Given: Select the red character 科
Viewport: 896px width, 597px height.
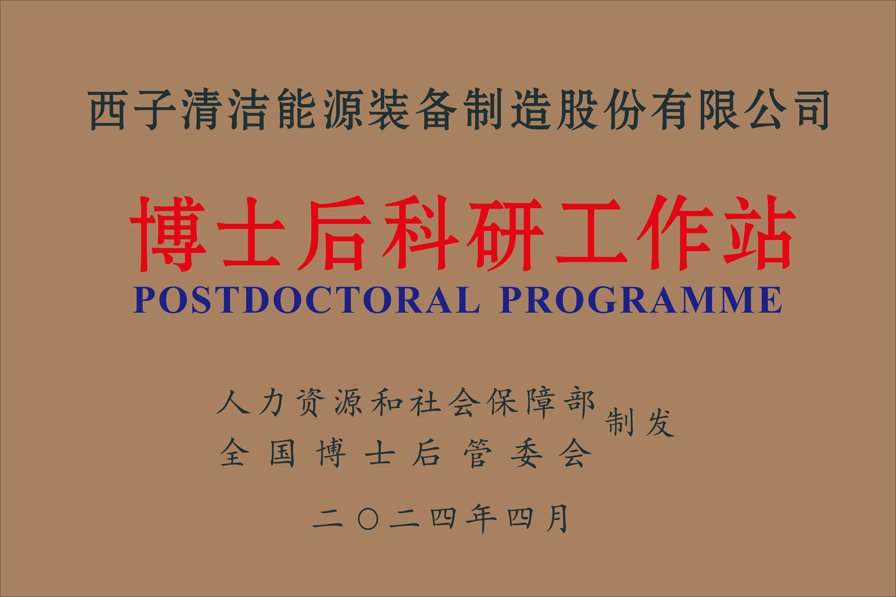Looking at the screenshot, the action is [421, 233].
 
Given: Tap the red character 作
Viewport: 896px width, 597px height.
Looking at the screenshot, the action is [674, 233].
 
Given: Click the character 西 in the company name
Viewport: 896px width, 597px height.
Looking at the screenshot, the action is [108, 110].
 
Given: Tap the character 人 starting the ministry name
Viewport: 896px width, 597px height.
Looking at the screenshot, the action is [233, 402].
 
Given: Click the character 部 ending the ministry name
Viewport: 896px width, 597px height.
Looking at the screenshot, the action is [580, 403].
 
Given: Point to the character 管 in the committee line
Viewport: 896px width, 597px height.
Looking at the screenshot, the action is [478, 453].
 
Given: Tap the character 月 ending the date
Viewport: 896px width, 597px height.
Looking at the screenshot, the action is [557, 519].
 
